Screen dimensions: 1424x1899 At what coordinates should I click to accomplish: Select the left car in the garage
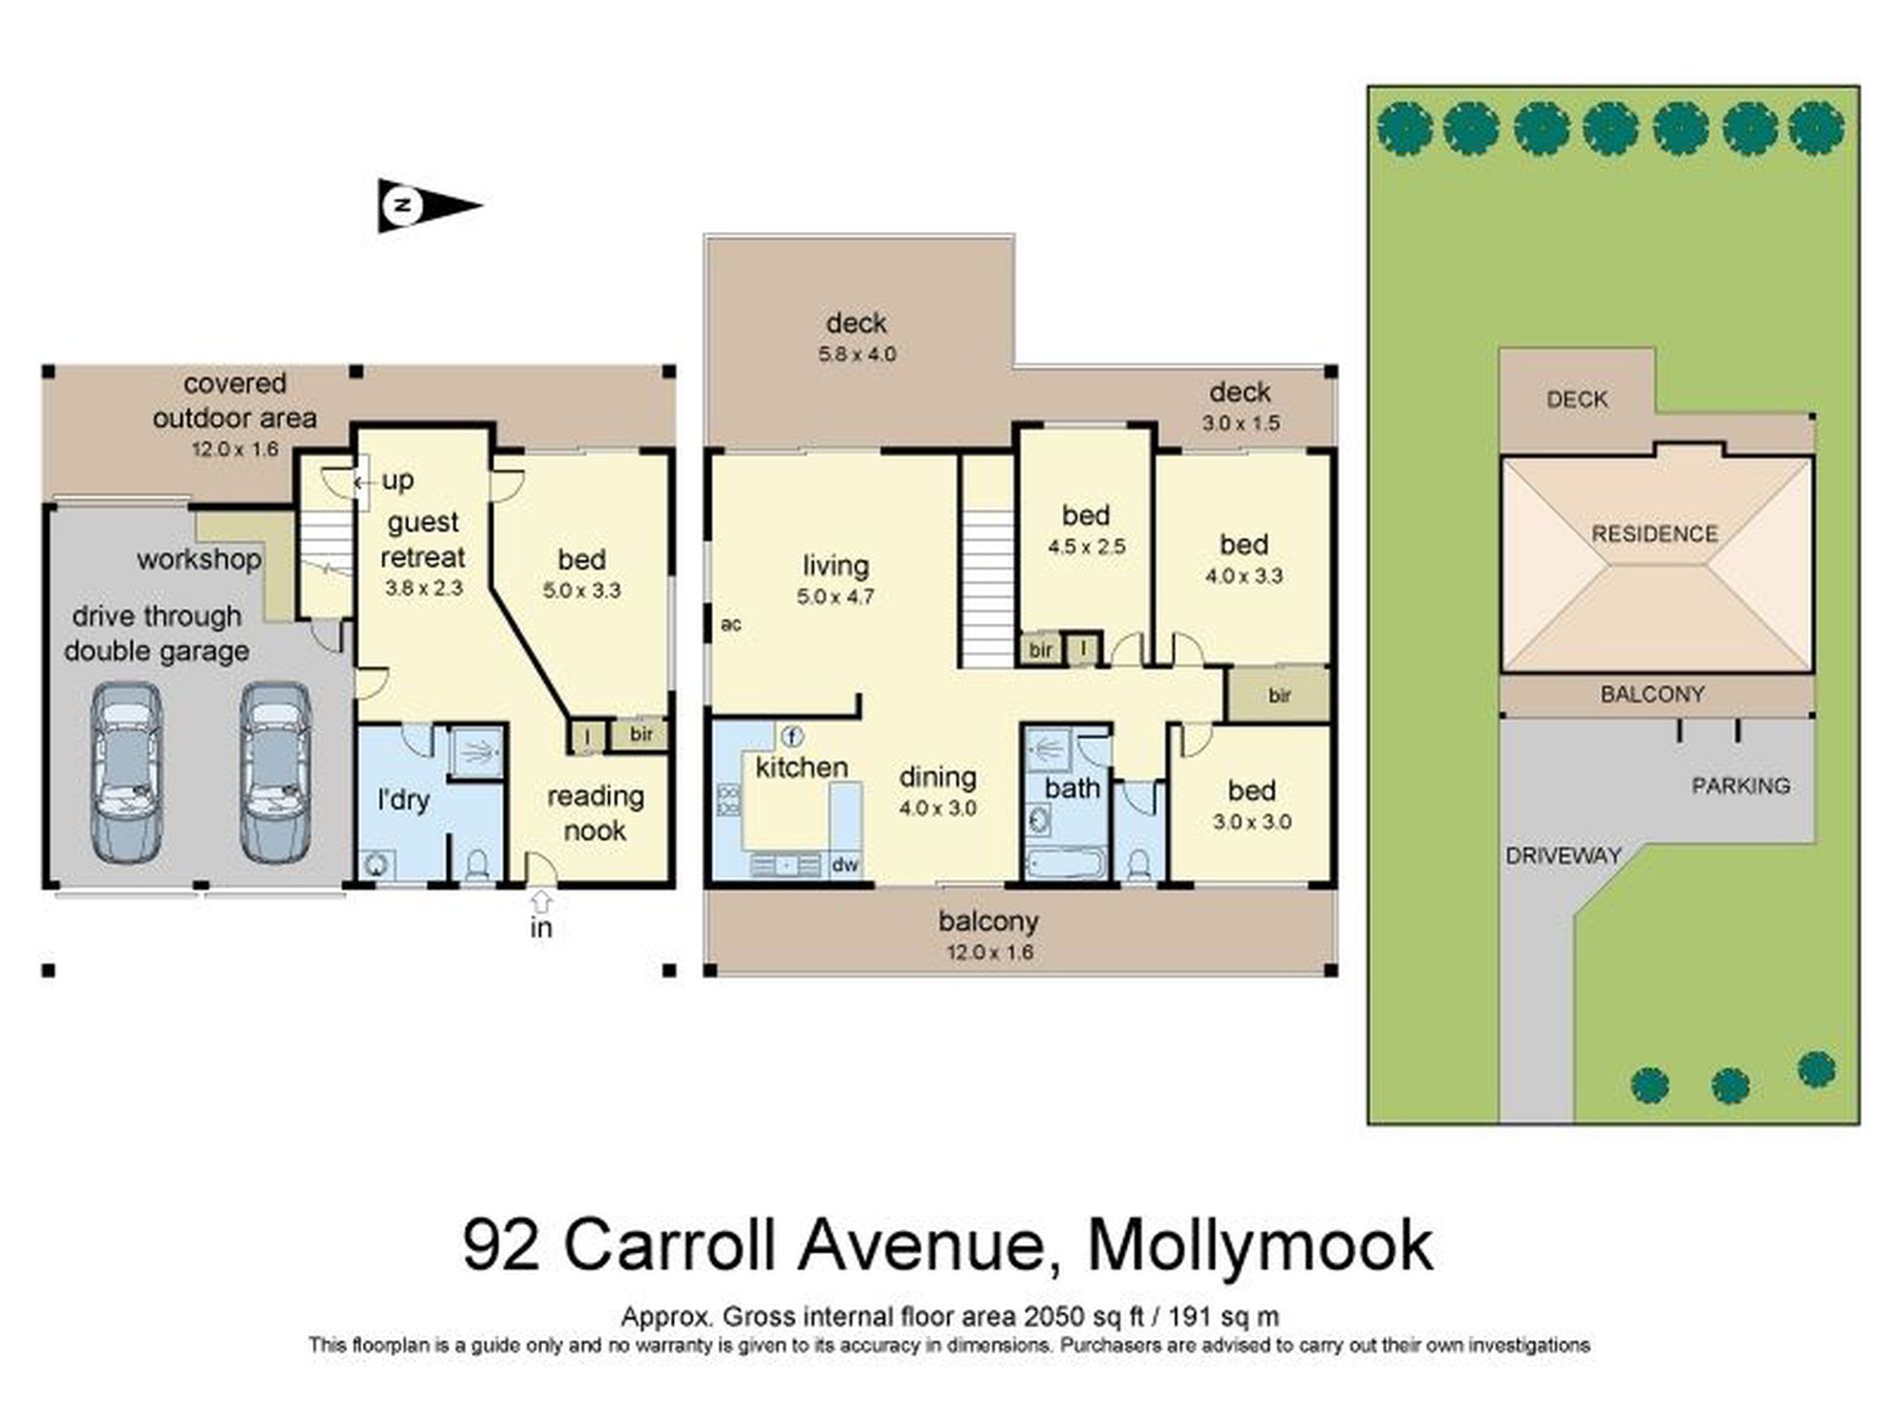tap(126, 772)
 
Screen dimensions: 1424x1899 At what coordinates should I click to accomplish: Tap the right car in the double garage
tap(275, 772)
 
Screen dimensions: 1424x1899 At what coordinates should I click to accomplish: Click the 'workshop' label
tap(199, 560)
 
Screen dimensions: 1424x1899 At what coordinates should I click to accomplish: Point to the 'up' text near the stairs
tap(398, 481)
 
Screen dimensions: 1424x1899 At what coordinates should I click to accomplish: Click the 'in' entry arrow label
tap(541, 928)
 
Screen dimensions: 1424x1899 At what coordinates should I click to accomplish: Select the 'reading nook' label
tap(595, 813)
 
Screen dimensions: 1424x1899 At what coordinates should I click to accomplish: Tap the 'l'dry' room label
tap(404, 799)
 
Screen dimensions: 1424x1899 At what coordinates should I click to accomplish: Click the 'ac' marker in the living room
tap(731, 625)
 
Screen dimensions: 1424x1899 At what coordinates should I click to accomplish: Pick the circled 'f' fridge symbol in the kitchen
tap(792, 737)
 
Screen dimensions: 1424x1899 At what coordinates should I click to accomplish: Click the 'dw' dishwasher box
tap(846, 865)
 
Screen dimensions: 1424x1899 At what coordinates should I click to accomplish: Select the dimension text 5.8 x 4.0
tap(857, 354)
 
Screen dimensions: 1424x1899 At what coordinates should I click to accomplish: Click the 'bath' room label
tap(1071, 788)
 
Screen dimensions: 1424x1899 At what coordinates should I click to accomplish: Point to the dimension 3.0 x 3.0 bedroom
tap(1251, 822)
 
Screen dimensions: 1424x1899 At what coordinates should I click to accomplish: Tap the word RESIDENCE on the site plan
tap(1654, 534)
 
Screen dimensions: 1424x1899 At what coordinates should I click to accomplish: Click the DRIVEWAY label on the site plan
tap(1563, 855)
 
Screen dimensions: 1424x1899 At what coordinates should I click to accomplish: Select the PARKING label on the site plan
tap(1740, 785)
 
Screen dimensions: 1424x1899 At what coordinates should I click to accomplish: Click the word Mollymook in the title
tap(1259, 1245)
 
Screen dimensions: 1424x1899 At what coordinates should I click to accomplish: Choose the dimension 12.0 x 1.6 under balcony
tap(989, 952)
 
